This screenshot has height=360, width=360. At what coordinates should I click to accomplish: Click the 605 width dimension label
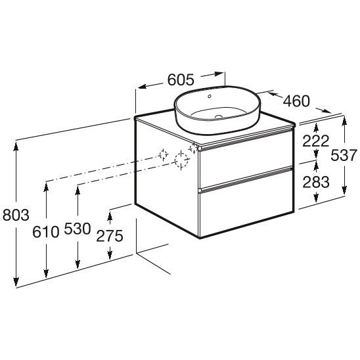(x=181, y=79)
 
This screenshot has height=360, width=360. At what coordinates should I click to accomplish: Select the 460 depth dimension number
(x=296, y=101)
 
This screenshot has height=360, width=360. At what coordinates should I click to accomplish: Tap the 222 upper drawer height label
(x=316, y=141)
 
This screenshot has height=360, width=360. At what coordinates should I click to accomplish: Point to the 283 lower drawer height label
(x=316, y=182)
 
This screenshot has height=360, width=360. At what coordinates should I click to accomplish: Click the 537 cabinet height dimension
(x=344, y=155)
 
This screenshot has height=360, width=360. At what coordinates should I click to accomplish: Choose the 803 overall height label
(x=16, y=215)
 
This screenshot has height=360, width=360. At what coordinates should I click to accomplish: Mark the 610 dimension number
(x=46, y=231)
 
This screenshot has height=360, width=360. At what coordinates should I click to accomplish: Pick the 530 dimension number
(x=78, y=229)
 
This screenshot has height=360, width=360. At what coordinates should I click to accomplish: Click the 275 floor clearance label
(x=110, y=236)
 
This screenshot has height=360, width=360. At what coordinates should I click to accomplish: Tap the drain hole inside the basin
(x=218, y=117)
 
